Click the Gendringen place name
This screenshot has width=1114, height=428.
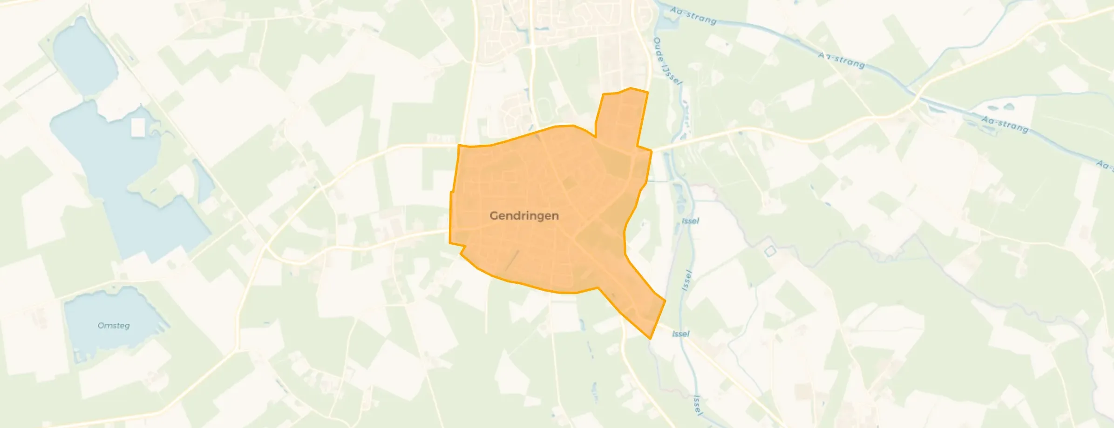(524, 216)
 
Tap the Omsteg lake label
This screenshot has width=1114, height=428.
(114, 326)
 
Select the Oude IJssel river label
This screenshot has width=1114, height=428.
(667, 61)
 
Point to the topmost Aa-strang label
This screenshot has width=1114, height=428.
(693, 15)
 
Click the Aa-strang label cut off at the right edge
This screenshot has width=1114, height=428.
(1105, 165)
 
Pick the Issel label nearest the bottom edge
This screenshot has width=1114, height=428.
(697, 405)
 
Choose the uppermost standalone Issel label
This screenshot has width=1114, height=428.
(690, 221)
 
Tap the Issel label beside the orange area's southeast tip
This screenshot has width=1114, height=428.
(681, 334)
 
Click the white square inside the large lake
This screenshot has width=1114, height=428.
(138, 127)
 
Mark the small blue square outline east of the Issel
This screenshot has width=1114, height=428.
(771, 251)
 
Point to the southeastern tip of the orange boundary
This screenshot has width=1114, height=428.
(650, 338)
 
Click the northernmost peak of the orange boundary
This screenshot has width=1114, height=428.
(631, 88)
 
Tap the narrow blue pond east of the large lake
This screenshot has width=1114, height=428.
(203, 181)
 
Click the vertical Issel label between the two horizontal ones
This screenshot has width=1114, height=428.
(687, 280)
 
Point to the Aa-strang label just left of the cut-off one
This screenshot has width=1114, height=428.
(1005, 124)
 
